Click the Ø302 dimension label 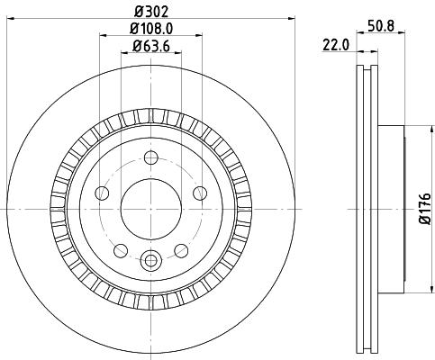tap(151, 12)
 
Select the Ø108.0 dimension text tap(151, 29)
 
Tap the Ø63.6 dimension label tap(151, 46)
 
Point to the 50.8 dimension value tap(381, 26)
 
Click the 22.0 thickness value tap(336, 46)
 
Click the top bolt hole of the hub tap(151, 157)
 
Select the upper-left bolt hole tap(102, 193)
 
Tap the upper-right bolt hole tap(200, 193)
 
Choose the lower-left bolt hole tap(121, 250)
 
